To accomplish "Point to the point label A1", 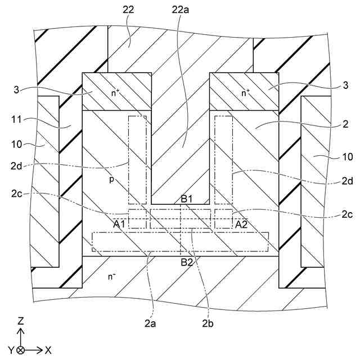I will (x=119, y=224).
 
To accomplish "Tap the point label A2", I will (x=241, y=224).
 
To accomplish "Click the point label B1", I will (x=187, y=199).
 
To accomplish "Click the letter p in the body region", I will (x=111, y=181).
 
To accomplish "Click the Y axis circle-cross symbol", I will (x=21, y=350).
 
